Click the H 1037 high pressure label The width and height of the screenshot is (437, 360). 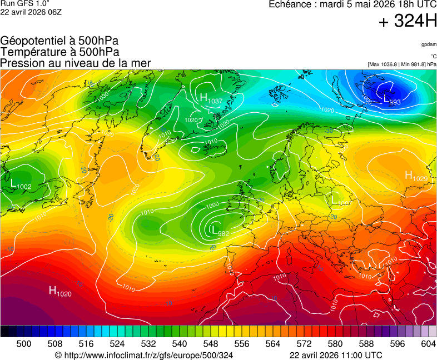(211, 99)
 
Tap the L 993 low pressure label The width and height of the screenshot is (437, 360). (393, 100)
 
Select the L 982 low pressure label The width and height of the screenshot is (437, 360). (220, 231)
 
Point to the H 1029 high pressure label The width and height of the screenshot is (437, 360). (416, 177)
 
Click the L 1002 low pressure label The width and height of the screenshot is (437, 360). (21, 184)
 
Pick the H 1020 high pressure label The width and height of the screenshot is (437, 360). (60, 291)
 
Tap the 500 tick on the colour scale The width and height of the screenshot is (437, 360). (24, 344)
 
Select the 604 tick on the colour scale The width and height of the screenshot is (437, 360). (428, 344)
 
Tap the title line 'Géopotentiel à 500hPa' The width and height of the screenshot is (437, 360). (59, 41)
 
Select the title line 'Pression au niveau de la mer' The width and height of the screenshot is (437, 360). (76, 63)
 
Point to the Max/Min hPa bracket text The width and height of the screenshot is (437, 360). (401, 64)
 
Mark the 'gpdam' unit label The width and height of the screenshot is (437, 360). (428, 44)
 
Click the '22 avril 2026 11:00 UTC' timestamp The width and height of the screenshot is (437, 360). (336, 355)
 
